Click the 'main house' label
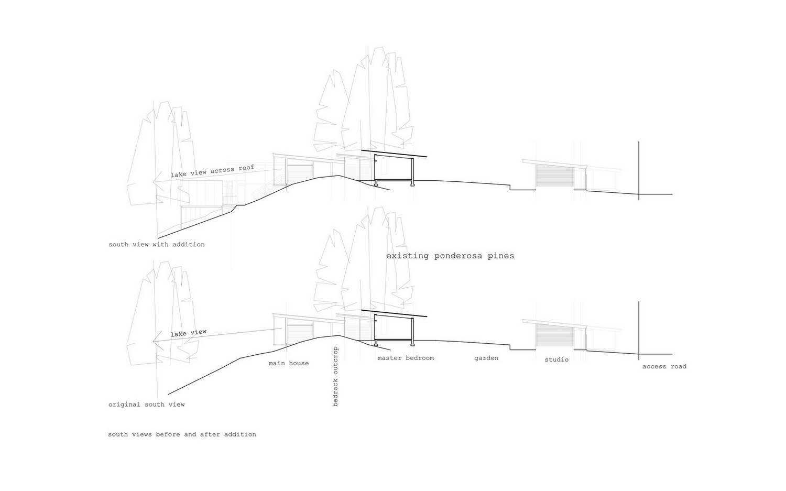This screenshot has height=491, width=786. point(289,363)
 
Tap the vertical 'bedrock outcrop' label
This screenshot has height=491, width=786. point(335,377)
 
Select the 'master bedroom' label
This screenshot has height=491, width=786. point(406,358)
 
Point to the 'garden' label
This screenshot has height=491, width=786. point(486,358)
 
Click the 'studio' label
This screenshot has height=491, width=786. point(556,359)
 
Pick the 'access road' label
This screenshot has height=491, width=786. point(664,366)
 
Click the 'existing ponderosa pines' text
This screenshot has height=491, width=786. point(450,256)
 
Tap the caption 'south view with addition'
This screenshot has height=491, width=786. point(157,244)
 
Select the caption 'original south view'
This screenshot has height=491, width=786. point(146,405)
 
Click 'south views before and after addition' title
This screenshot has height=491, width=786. point(182,434)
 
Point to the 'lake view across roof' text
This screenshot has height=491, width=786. point(212,171)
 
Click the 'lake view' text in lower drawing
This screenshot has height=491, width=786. point(189,332)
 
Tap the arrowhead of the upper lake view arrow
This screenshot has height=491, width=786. point(157,182)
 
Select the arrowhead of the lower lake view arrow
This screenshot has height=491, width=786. point(157,341)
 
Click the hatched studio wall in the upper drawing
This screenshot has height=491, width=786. point(555,177)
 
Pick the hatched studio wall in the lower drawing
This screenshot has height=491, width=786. point(555,336)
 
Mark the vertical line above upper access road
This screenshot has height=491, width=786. point(639,171)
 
